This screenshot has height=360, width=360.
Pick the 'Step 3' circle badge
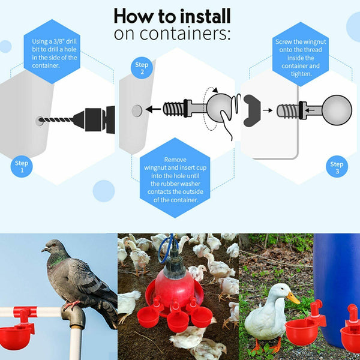tap(337, 167)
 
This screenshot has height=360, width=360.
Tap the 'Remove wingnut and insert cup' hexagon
tap(174, 178)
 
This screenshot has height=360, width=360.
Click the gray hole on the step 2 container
tap(137, 110)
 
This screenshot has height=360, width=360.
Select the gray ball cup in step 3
tap(336, 110)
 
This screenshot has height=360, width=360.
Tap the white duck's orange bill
tap(293, 298)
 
